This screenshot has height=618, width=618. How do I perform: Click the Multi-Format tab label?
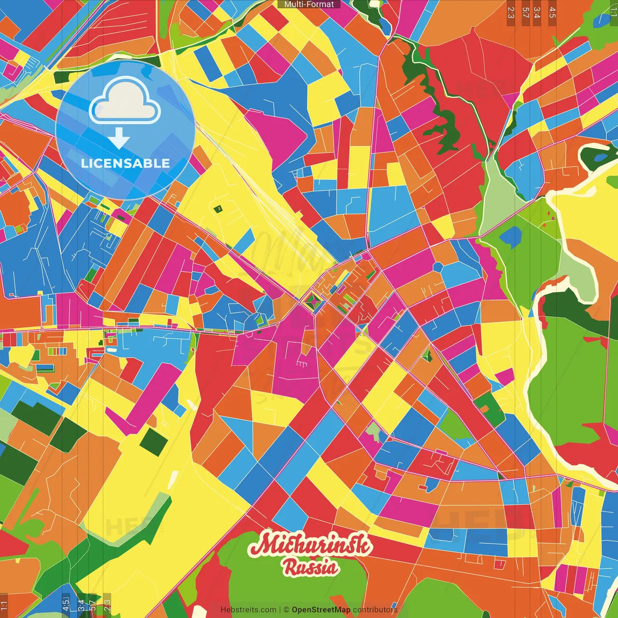point(309,4)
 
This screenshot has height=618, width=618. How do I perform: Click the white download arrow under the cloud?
point(119,139)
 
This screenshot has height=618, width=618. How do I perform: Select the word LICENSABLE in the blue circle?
point(126,163)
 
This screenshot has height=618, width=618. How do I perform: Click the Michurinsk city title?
point(310,545)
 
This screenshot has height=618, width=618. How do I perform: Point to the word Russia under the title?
point(310,567)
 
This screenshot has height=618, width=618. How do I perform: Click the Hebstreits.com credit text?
point(248,610)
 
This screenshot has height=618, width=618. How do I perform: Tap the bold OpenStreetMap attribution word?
point(321,610)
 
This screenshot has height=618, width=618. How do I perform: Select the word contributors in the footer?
point(375,610)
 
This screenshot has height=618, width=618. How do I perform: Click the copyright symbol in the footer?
point(286,610)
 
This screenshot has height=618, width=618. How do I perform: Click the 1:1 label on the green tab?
point(613,11)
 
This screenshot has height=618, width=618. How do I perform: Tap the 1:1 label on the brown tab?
point(4,605)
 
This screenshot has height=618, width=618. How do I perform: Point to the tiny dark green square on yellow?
point(218,209)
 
